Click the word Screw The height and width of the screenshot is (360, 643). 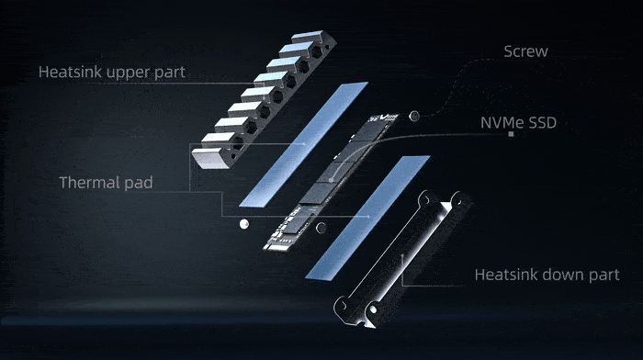(525, 51)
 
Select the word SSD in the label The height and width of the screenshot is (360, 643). (543, 122)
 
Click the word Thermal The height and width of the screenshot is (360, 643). (89, 183)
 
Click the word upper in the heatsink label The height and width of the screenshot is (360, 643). (128, 73)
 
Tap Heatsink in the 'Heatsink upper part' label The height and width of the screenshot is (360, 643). (70, 73)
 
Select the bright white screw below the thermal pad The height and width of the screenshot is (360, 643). (244, 224)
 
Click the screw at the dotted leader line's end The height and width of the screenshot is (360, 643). (414, 116)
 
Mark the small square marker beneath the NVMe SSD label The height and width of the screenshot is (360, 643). (511, 134)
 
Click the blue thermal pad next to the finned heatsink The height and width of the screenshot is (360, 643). (303, 144)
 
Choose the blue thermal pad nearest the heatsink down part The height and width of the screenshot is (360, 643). (367, 218)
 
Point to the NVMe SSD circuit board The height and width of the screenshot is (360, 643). (331, 182)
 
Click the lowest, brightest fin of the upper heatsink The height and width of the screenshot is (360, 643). (211, 159)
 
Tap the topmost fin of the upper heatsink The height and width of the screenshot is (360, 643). (310, 37)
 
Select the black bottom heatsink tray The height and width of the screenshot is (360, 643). (402, 259)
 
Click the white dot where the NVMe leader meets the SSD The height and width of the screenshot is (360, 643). (331, 180)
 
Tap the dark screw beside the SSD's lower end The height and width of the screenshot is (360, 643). (321, 228)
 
